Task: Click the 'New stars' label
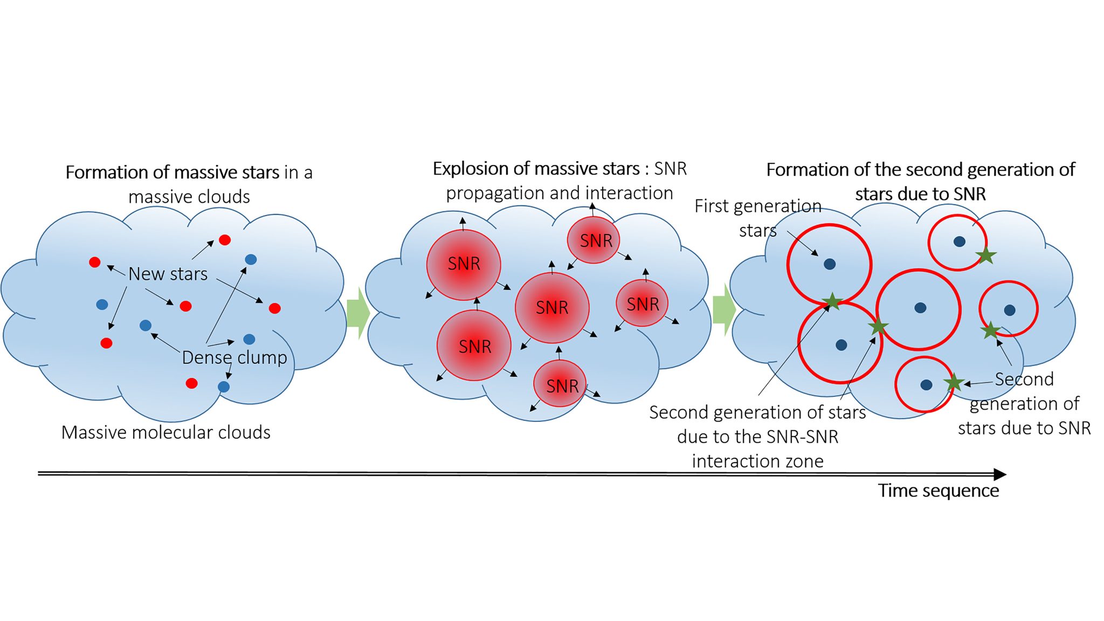click(168, 274)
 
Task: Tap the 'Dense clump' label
click(234, 357)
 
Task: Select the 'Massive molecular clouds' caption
click(165, 432)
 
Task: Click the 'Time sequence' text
click(938, 491)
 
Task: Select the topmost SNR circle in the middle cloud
click(594, 240)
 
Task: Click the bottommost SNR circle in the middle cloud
click(560, 385)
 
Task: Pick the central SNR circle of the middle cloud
click(552, 307)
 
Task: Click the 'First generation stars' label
click(758, 218)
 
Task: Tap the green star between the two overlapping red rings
click(832, 301)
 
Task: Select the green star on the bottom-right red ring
click(954, 382)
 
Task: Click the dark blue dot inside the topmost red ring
click(960, 241)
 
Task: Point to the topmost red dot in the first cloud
click(225, 240)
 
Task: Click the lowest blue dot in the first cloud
click(224, 387)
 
